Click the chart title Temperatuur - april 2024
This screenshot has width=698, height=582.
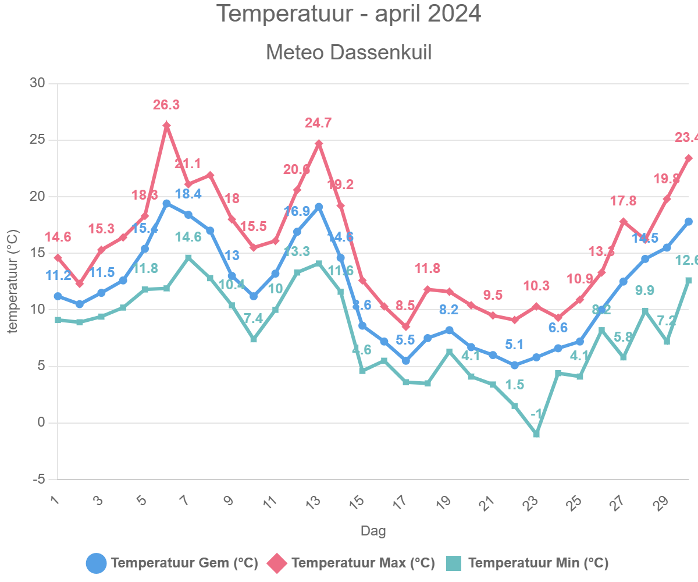(348, 14)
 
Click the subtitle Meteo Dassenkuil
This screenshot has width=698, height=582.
(348, 52)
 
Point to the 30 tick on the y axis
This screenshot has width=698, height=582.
(37, 83)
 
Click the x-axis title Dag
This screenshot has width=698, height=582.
(373, 531)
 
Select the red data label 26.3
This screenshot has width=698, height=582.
(166, 105)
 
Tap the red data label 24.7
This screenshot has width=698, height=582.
(318, 123)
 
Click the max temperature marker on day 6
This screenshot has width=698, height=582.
(166, 126)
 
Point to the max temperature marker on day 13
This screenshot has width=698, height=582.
(319, 143)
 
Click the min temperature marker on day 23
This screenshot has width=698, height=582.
(536, 434)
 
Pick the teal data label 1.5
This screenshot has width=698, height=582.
(515, 385)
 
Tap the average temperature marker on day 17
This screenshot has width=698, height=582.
(406, 361)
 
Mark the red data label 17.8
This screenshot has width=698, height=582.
(624, 201)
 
